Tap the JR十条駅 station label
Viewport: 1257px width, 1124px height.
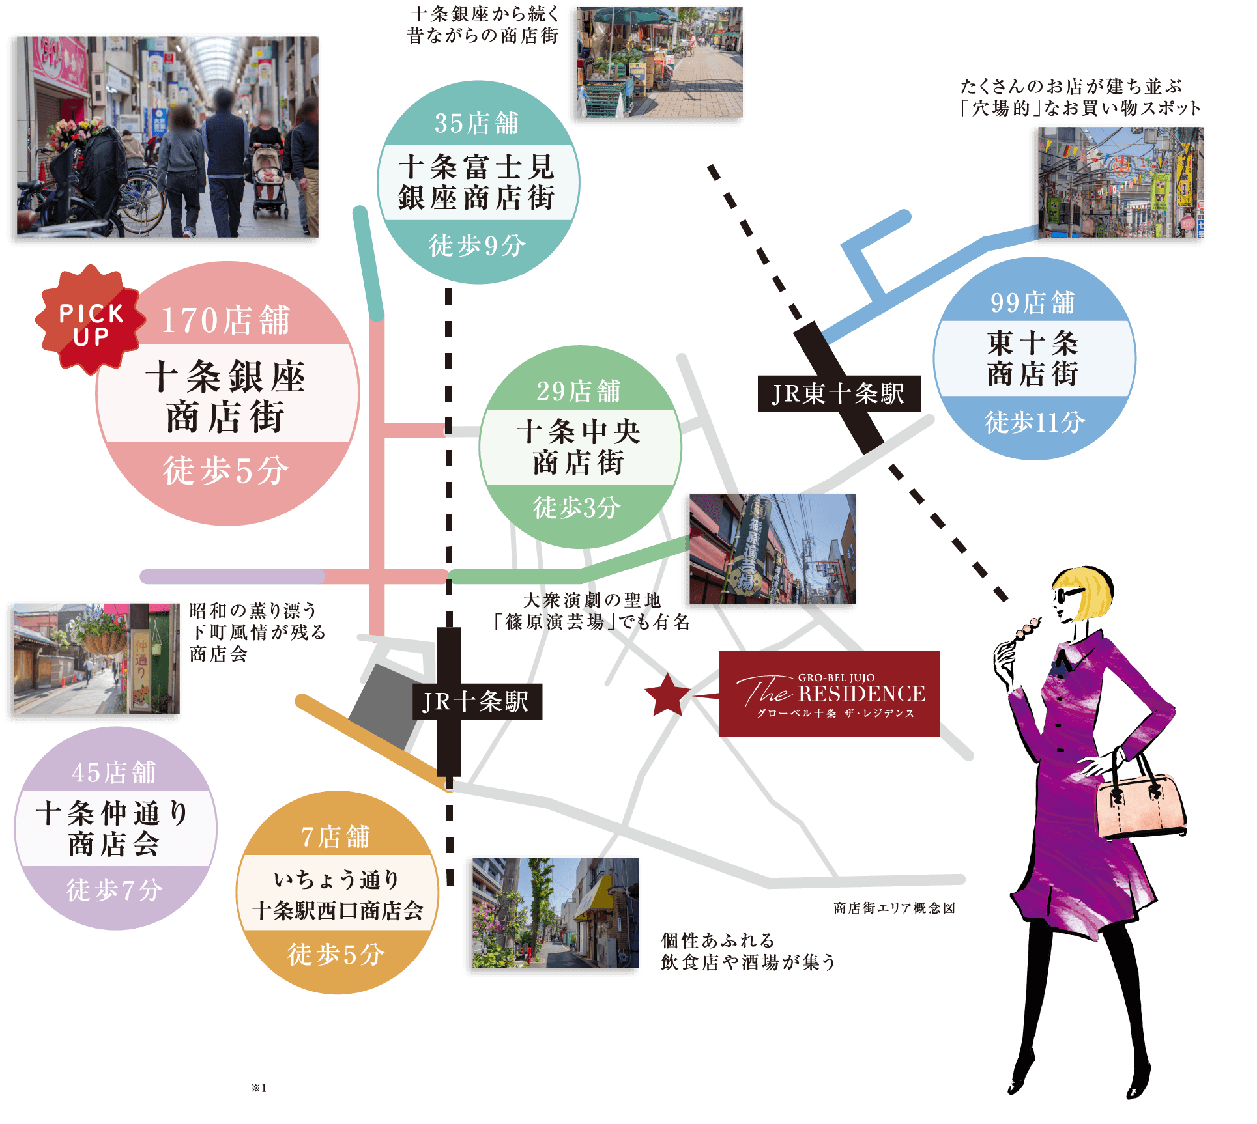[476, 701]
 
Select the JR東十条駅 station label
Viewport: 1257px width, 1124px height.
[839, 394]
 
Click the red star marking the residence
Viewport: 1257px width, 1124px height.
[667, 694]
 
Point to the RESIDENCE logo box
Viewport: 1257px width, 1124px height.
[829, 694]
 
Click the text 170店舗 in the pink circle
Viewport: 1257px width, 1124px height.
[225, 320]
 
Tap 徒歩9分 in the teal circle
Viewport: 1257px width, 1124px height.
[477, 246]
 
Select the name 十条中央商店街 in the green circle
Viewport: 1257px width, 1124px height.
[579, 447]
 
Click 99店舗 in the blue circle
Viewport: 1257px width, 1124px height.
[1033, 303]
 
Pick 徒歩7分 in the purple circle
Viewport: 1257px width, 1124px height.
[115, 890]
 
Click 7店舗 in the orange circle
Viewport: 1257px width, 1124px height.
[336, 837]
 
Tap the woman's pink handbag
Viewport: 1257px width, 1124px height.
[1141, 805]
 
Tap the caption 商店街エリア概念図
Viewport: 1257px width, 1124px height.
[894, 908]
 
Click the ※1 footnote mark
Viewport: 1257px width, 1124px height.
[259, 1088]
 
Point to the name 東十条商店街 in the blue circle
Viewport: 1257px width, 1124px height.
[1033, 359]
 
